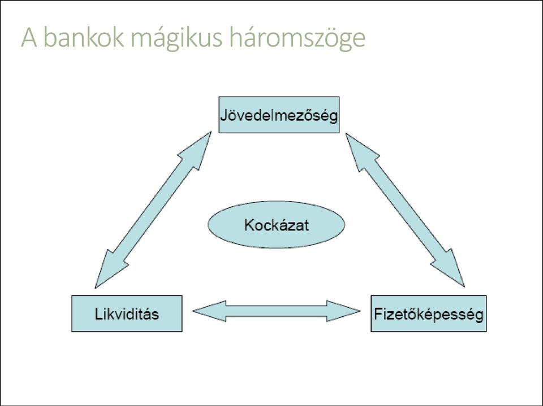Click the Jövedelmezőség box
279,115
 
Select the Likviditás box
127,313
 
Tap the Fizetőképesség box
429,313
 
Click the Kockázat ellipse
277,225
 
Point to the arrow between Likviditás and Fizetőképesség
277,311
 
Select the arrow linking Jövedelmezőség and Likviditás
153,210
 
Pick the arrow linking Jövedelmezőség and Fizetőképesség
405,210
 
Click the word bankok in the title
84,37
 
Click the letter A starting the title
29,37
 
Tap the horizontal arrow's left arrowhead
210,311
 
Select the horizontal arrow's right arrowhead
343,311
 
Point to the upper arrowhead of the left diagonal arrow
196,150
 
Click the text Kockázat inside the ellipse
277,225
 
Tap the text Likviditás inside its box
127,314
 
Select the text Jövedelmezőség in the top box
279,116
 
